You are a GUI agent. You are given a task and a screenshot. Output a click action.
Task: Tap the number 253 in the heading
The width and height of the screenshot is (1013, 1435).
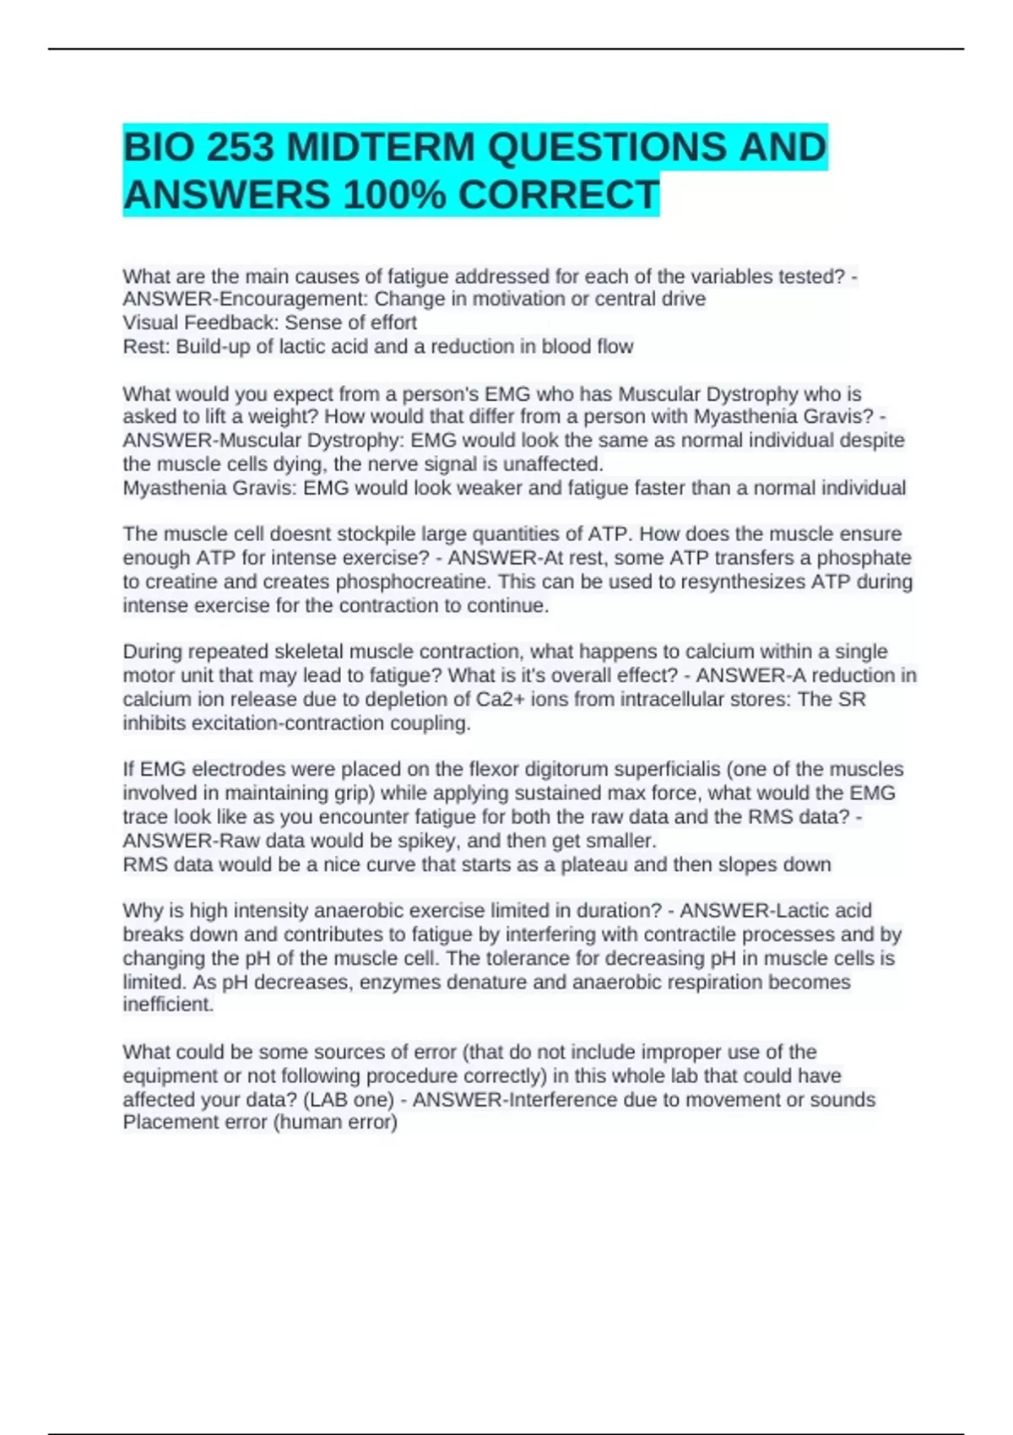[241, 147]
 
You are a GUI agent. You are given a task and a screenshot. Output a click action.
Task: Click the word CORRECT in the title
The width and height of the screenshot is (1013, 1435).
[558, 195]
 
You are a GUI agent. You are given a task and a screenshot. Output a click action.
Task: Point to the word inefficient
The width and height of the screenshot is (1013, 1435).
[168, 1004]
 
